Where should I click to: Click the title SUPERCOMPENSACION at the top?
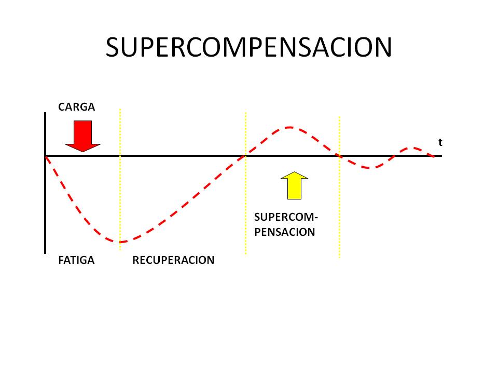click(x=248, y=47)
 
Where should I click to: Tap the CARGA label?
click(x=77, y=107)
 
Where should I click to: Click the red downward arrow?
click(x=82, y=136)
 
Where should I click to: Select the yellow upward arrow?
click(x=295, y=186)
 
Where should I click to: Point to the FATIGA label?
click(x=76, y=260)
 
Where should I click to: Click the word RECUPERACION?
click(x=173, y=260)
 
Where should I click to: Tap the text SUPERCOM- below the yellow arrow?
click(x=286, y=217)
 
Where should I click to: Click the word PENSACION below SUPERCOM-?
click(x=285, y=232)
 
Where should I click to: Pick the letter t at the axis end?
click(x=440, y=142)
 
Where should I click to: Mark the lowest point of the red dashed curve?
click(x=121, y=242)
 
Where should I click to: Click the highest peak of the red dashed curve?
click(x=289, y=128)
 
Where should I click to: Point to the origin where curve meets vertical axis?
click(x=46, y=156)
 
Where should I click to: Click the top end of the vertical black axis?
click(x=45, y=113)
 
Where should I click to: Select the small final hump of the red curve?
click(x=413, y=148)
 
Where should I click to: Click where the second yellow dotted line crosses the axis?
click(x=245, y=156)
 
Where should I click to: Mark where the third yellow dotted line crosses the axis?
click(x=339, y=156)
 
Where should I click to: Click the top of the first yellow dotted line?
click(x=120, y=110)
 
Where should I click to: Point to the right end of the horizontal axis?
click(x=441, y=156)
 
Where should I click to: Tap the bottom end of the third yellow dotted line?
click(x=339, y=257)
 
